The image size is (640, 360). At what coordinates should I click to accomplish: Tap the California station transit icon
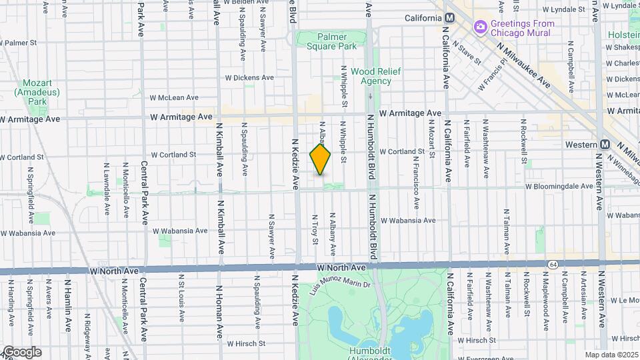click(450, 18)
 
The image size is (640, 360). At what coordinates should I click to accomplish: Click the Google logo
click(21, 352)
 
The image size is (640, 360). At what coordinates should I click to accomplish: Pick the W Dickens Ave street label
click(249, 77)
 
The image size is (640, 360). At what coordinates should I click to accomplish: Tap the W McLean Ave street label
click(174, 97)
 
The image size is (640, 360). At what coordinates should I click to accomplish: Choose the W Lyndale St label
click(564, 10)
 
